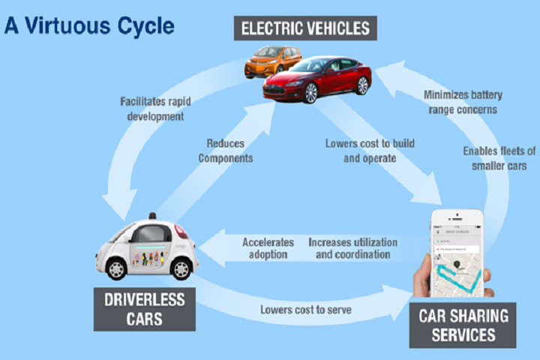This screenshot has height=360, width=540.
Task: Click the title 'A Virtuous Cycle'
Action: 89,25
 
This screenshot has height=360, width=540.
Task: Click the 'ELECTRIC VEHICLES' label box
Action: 304,28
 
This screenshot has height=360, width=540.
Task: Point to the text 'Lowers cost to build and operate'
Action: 369,151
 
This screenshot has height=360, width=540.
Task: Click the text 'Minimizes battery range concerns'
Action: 463,103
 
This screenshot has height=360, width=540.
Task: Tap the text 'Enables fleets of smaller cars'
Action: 498,159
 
